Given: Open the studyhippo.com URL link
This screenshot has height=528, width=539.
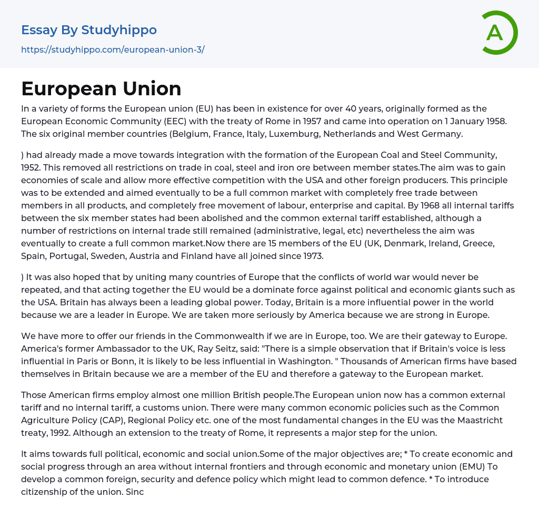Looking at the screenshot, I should click(x=113, y=49).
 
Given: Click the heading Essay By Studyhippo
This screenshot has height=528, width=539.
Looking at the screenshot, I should click(x=89, y=30).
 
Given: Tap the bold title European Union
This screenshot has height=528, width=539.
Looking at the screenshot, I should click(x=101, y=88).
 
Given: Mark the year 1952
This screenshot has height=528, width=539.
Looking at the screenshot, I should click(x=32, y=167).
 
